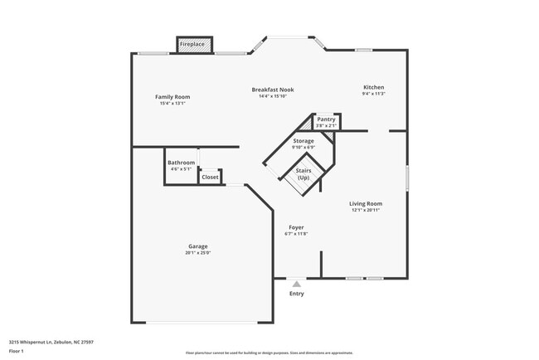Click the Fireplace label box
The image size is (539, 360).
click(196, 44)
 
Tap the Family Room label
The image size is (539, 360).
click(172, 97)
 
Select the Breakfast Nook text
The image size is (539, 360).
click(273, 90)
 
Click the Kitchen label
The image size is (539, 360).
click(373, 87)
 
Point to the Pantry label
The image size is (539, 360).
click(326, 119)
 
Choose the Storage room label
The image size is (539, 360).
click(303, 141)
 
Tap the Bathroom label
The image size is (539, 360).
click(181, 163)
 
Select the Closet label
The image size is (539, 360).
click(210, 177)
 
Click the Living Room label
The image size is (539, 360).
click(365, 203)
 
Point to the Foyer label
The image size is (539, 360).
click(296, 227)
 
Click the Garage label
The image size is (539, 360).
click(197, 246)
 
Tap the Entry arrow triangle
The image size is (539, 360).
click(296, 284)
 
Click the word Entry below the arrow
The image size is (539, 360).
click(296, 294)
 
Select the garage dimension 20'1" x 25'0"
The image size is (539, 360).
click(197, 253)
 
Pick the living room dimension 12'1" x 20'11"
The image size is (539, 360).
click(365, 210)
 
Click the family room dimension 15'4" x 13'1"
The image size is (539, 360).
click(172, 104)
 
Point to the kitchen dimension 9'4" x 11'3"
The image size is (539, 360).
click(373, 94)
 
